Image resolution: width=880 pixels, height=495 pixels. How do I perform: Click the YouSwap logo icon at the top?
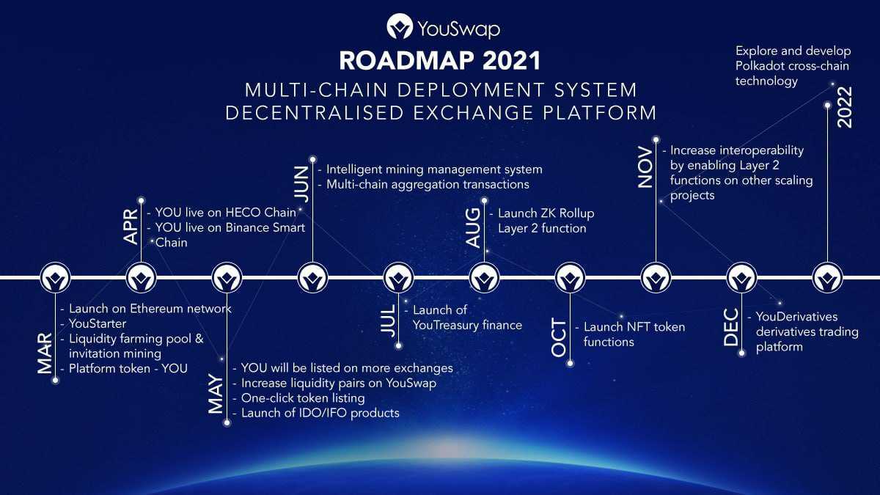[x=400, y=26]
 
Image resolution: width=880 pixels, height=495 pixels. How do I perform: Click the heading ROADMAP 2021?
[x=440, y=61]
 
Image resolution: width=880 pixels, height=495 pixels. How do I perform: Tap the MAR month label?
[x=45, y=353]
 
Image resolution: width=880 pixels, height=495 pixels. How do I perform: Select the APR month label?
[x=131, y=227]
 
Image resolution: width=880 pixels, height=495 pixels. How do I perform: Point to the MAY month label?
[x=216, y=394]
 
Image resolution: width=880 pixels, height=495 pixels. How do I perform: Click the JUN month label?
[x=301, y=184]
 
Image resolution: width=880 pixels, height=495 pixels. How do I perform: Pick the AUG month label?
[x=473, y=228]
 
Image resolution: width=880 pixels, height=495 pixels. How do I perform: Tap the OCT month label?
[x=559, y=337]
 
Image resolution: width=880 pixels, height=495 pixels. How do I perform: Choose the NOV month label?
[x=645, y=167]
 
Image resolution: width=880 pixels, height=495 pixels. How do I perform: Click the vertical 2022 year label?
[x=845, y=107]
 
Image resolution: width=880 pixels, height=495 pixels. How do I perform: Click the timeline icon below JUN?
[x=312, y=278]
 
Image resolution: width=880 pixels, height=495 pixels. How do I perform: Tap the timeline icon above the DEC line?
[x=741, y=278]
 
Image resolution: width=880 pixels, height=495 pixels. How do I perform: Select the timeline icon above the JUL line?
[x=398, y=278]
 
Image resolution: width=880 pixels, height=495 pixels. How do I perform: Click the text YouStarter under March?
[x=98, y=323]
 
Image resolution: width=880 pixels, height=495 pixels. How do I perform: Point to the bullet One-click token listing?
[x=303, y=398]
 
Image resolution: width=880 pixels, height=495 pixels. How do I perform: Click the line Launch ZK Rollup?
[x=546, y=213]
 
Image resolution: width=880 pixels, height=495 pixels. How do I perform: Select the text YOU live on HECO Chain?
[x=226, y=213]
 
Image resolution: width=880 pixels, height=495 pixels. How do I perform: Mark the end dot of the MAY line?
[x=227, y=423]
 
